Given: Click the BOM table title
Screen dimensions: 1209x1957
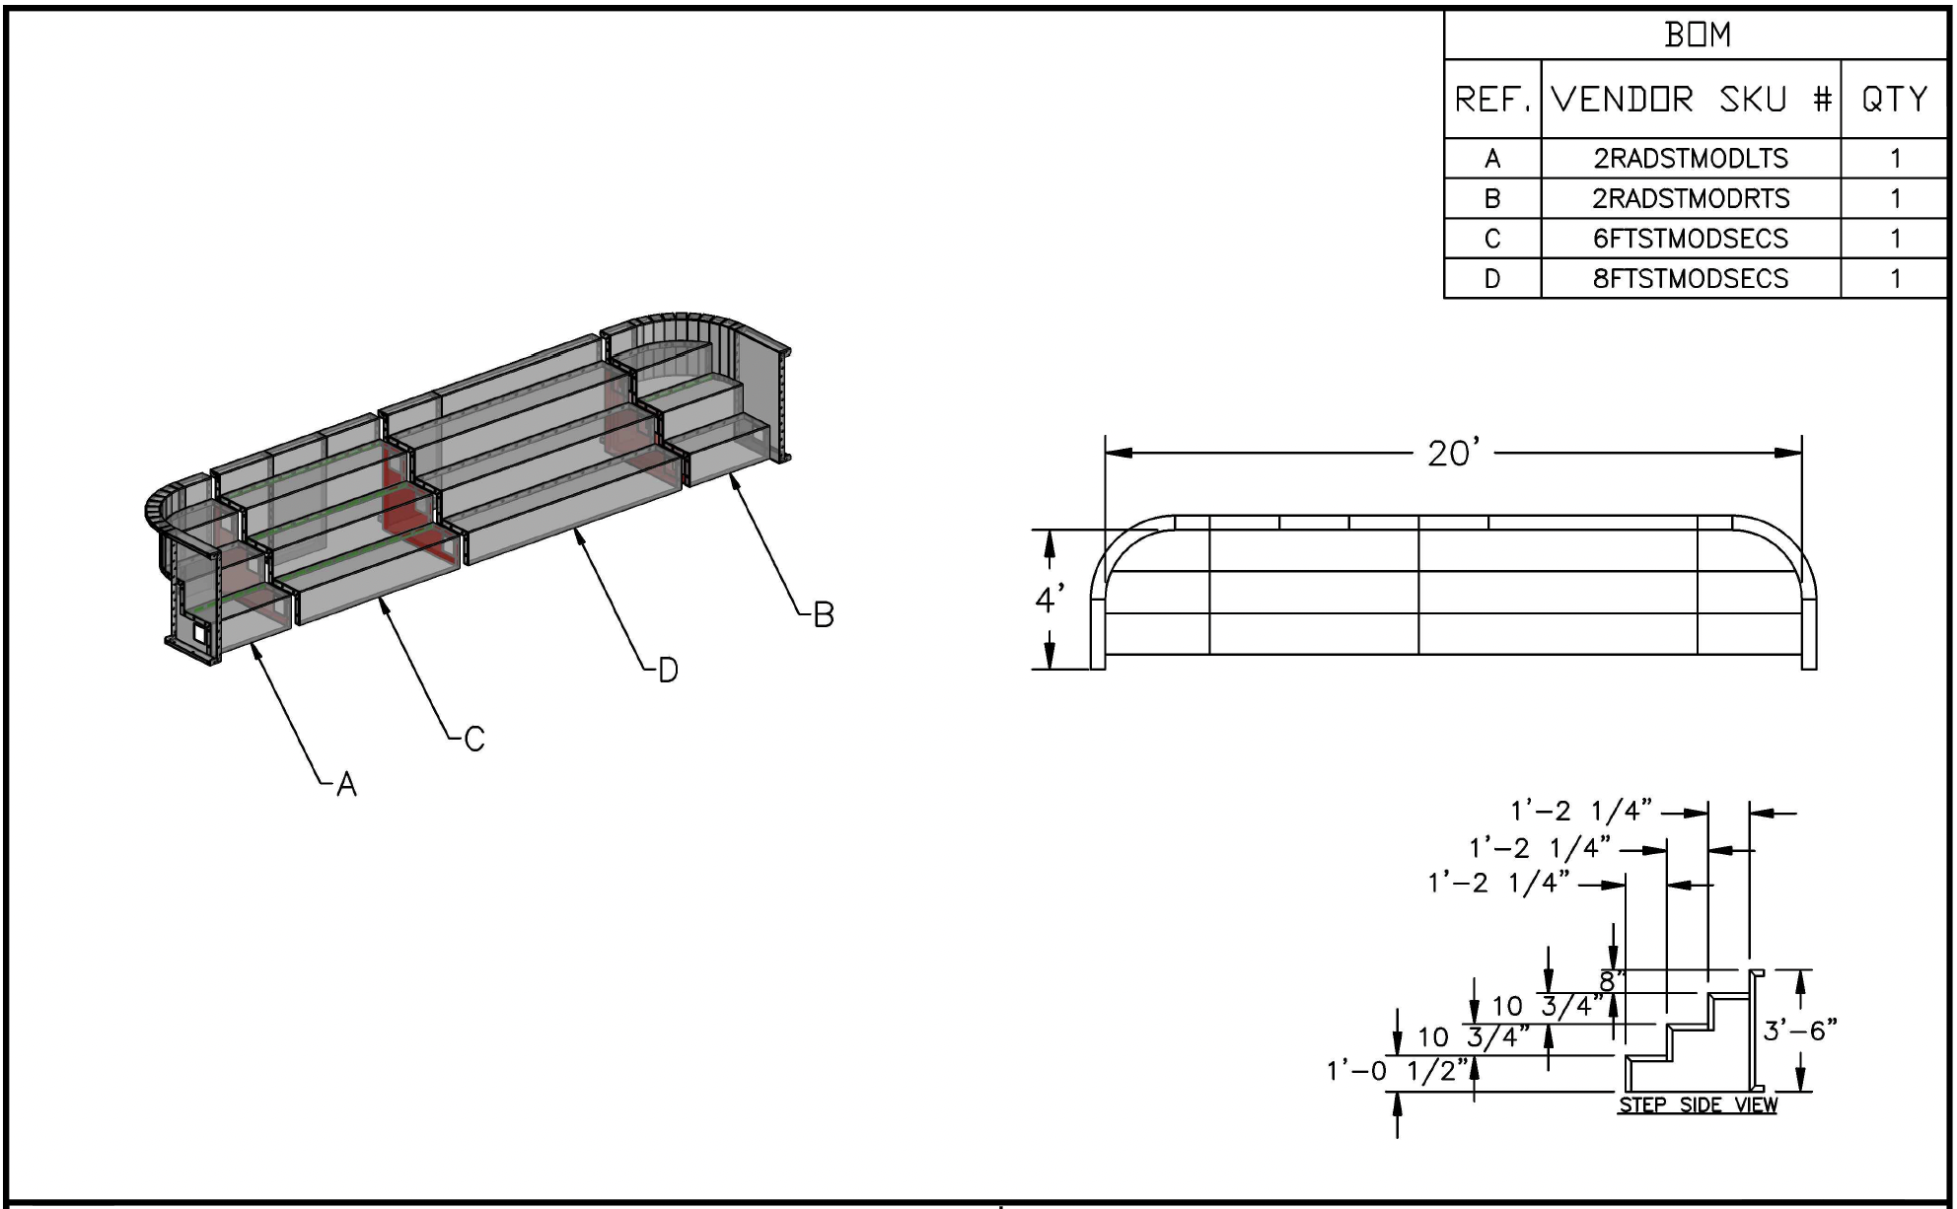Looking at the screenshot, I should tap(1697, 36).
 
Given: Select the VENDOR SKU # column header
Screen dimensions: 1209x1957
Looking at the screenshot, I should tap(1691, 100).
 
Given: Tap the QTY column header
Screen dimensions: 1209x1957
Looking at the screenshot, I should tap(1894, 100).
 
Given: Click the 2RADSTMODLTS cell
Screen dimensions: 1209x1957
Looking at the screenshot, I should tap(1691, 159).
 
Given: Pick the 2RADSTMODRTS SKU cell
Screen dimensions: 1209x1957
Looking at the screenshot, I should tap(1691, 198).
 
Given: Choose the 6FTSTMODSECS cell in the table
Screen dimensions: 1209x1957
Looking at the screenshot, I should tap(1691, 239).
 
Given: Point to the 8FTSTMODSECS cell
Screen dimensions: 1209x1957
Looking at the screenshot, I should tap(1691, 279).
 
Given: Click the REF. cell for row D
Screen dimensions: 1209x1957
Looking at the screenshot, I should tap(1491, 279).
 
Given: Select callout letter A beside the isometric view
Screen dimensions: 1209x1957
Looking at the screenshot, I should tap(346, 785).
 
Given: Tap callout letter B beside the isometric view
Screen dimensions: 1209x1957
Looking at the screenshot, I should tap(824, 615).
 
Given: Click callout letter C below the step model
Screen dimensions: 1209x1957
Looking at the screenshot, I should tap(474, 739).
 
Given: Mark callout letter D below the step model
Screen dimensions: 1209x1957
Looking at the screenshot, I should tap(668, 671).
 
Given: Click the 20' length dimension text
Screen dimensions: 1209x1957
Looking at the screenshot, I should tap(1454, 454).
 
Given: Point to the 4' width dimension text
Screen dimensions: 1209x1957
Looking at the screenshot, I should tap(1050, 599).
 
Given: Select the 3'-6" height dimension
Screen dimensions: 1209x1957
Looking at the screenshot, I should tap(1800, 1031).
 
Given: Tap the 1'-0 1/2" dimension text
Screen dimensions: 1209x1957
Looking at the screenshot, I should tap(1398, 1071).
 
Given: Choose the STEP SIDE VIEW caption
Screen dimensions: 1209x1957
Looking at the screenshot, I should tap(1698, 1105).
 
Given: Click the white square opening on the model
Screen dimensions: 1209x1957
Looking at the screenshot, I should tap(200, 632).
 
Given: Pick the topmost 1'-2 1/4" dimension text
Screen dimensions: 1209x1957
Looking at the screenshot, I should tap(1581, 812).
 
